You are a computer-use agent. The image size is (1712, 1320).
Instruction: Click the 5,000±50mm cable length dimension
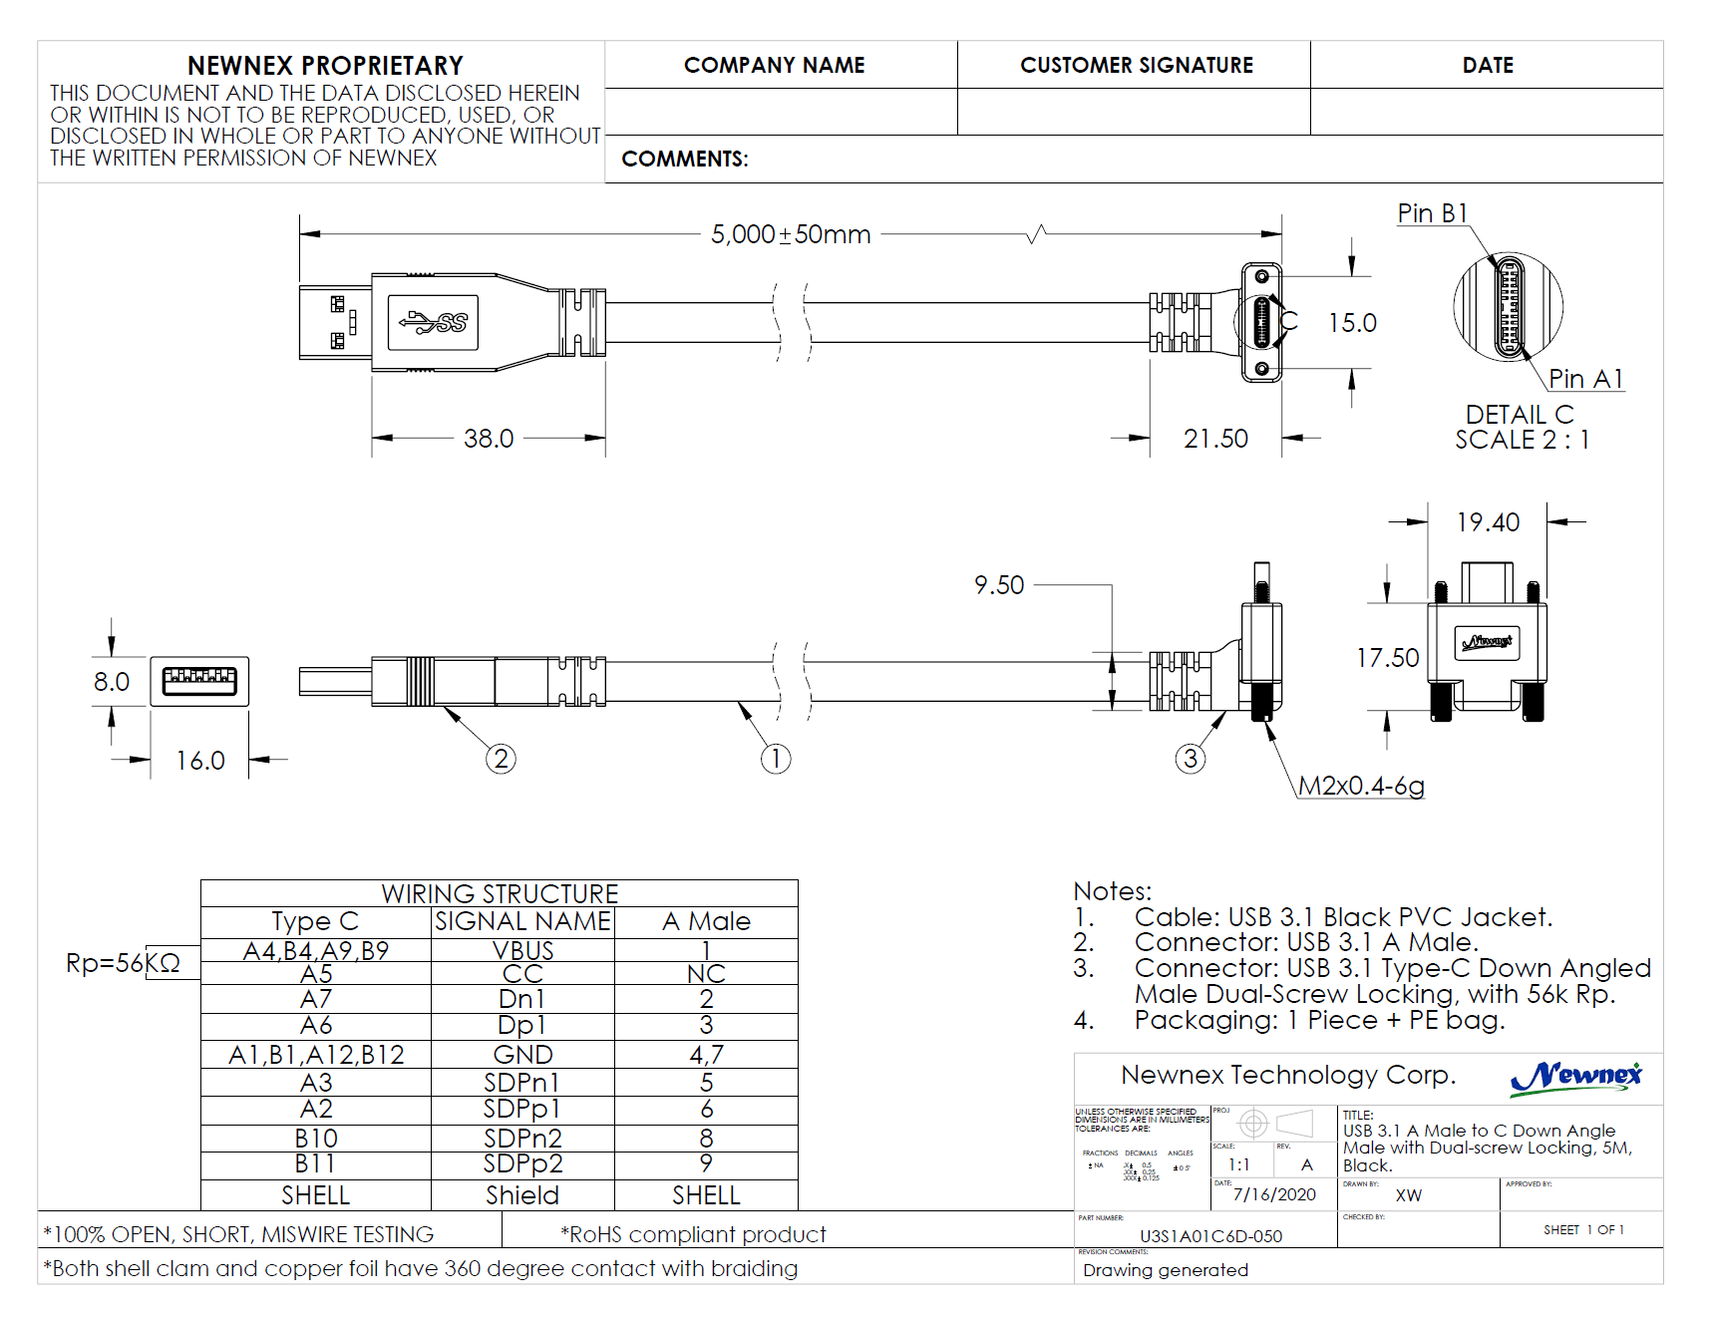(x=790, y=234)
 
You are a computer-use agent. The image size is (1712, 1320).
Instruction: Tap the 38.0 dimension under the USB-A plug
(x=489, y=439)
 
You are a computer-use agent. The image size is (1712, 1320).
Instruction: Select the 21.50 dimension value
(x=1215, y=439)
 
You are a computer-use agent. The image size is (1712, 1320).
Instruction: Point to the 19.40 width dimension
(x=1488, y=522)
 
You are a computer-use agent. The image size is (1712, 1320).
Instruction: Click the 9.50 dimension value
(x=999, y=585)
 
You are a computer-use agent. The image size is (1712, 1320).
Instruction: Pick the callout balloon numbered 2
(x=501, y=760)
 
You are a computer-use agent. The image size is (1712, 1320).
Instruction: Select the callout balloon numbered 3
(x=1190, y=760)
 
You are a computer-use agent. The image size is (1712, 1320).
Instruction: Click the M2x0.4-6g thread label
(x=1361, y=786)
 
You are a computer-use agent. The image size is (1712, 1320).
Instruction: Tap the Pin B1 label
(x=1432, y=213)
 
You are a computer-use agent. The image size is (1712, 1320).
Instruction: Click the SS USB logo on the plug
(x=434, y=322)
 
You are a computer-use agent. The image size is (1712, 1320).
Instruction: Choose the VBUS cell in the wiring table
(x=522, y=951)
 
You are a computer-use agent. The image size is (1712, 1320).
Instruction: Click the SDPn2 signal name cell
(x=522, y=1138)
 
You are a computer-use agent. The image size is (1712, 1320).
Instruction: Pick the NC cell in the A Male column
(x=706, y=974)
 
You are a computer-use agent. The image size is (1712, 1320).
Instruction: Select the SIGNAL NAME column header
(x=522, y=921)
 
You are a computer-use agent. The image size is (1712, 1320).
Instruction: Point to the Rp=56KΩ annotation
(x=123, y=963)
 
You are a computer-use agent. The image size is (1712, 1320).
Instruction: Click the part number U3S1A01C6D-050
(x=1210, y=1236)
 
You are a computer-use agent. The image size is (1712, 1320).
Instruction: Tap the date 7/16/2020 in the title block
(x=1274, y=1194)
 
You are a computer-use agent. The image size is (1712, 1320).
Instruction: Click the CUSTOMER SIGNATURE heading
(x=1136, y=66)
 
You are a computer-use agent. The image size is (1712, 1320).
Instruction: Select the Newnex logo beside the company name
(x=1575, y=1077)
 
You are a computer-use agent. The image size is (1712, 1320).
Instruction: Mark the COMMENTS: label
(x=684, y=160)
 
